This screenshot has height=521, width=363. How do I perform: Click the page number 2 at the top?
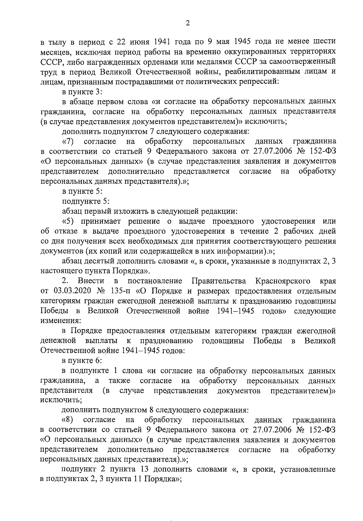tap(188, 24)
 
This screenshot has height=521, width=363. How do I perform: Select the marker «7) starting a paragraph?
tap(68, 141)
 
